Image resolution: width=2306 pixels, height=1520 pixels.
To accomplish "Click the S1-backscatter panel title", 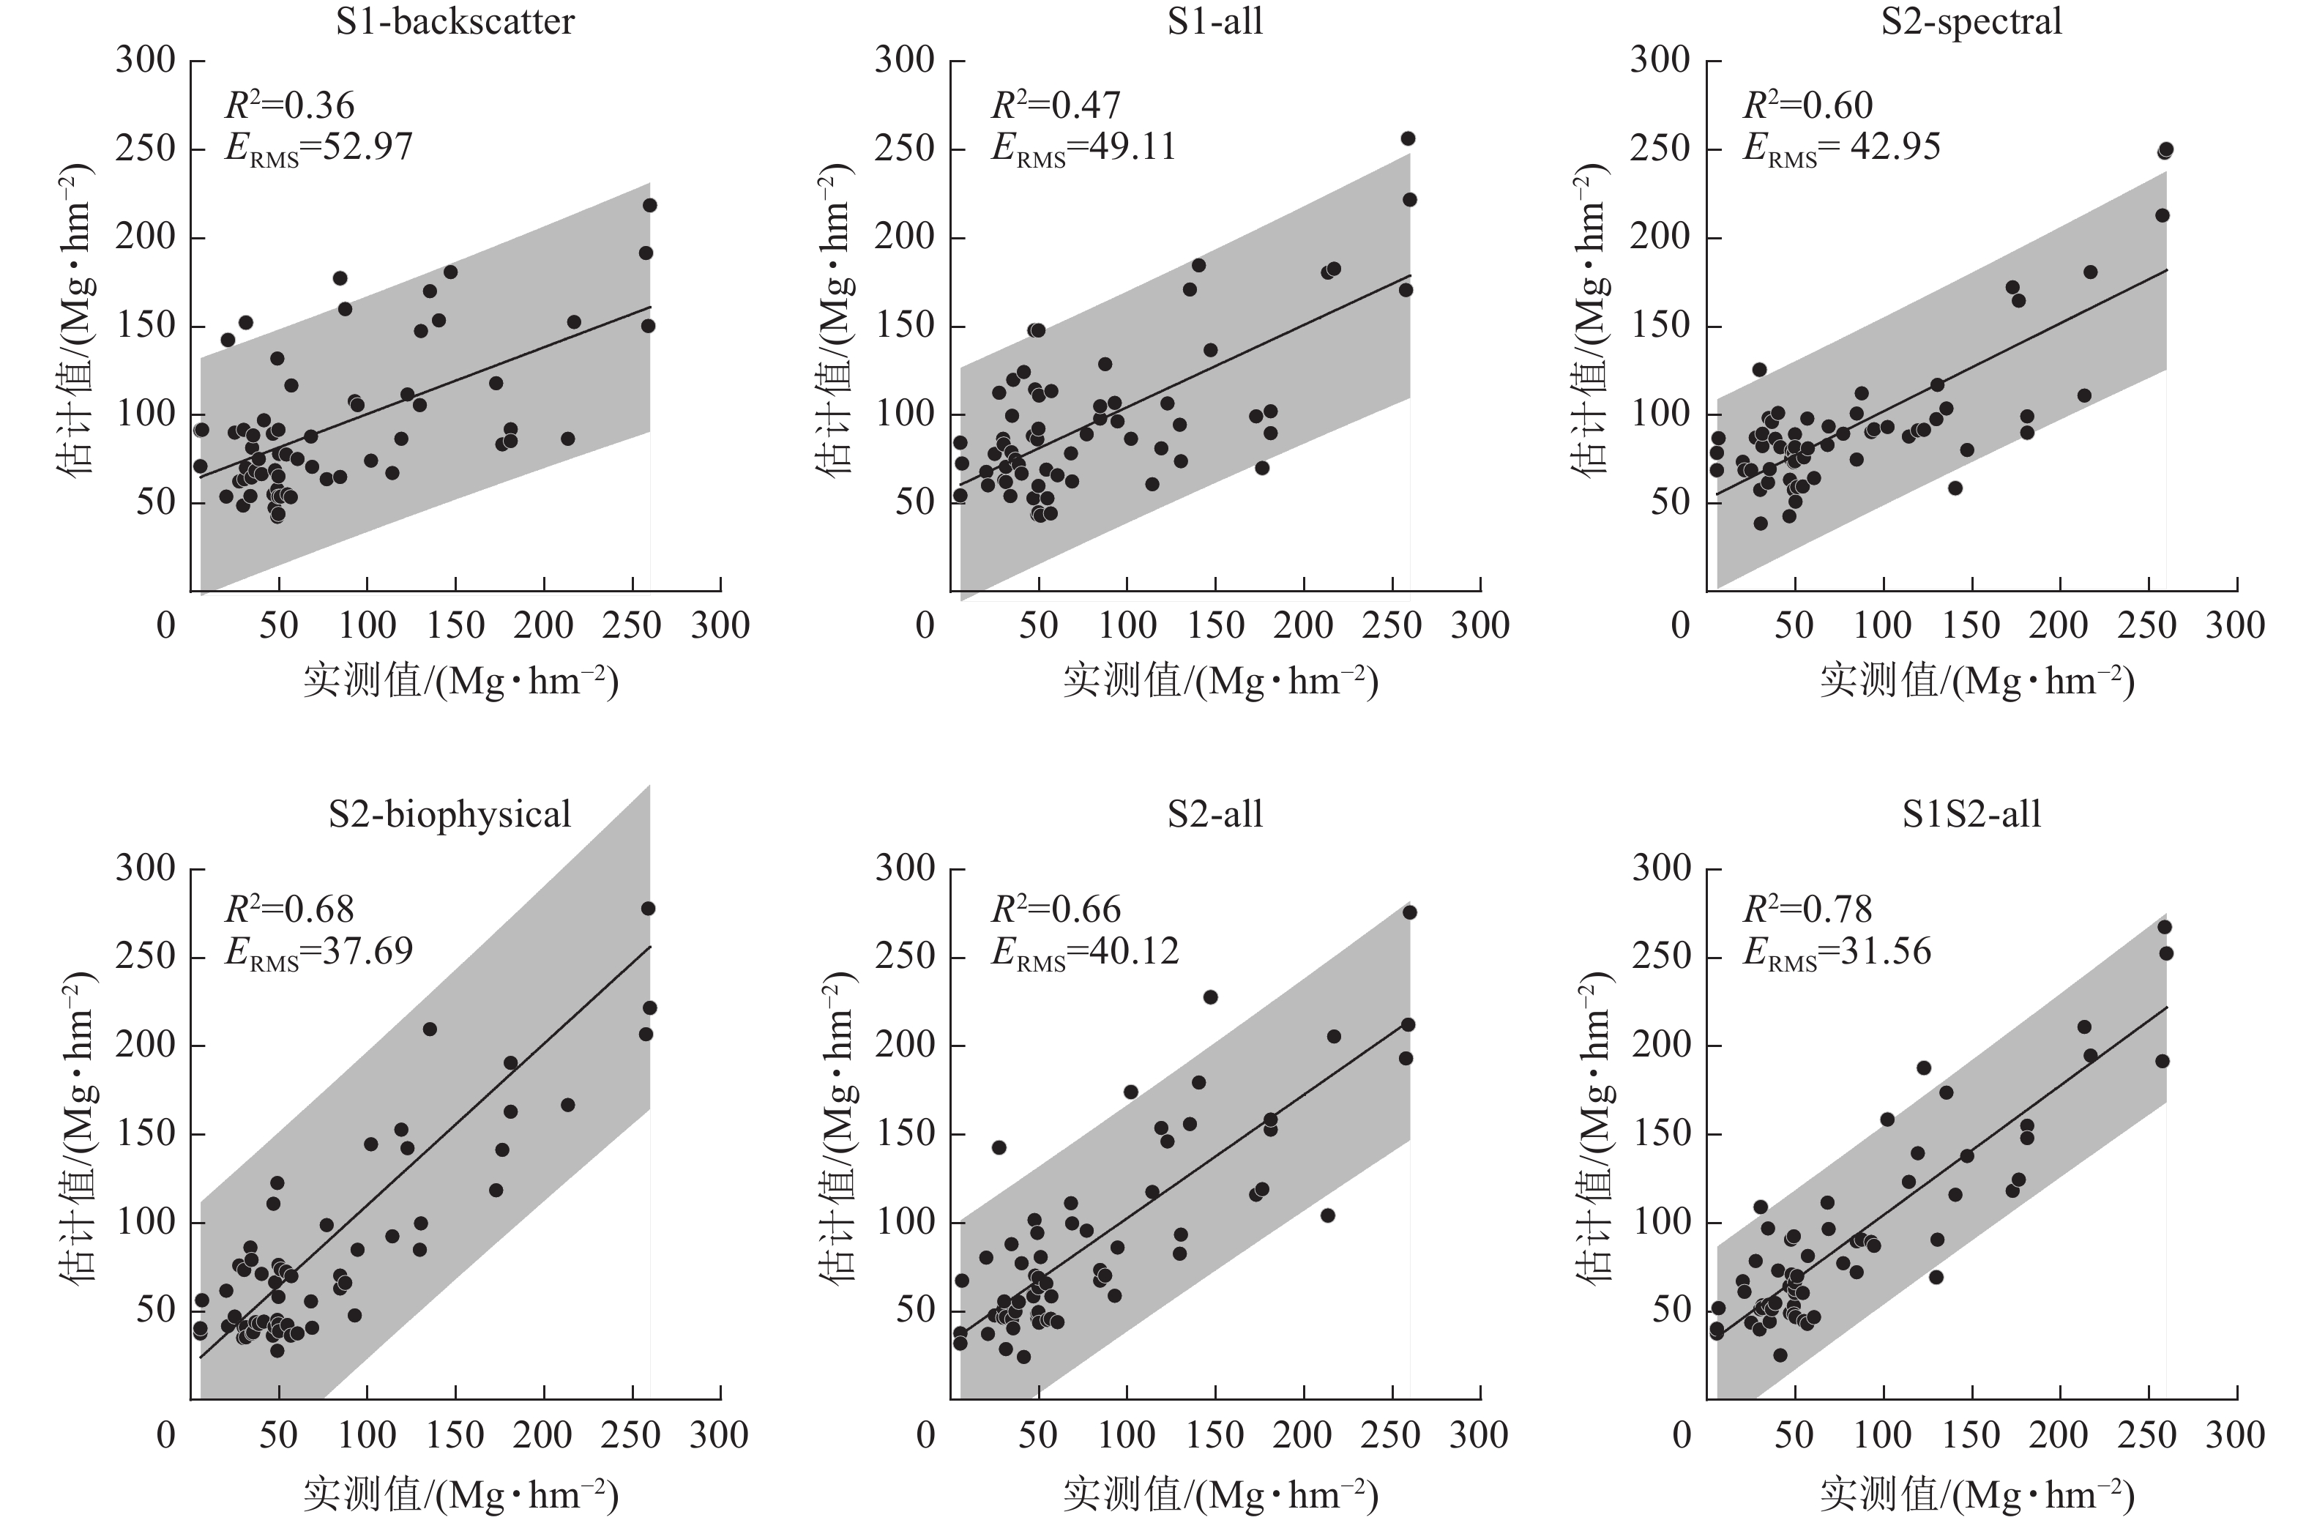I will click(x=455, y=21).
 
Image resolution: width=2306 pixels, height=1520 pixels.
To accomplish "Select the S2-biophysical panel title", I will click(x=449, y=814).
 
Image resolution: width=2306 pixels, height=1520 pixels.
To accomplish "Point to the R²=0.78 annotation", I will click(x=1807, y=909).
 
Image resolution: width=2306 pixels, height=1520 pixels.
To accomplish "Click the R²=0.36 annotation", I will click(x=290, y=105).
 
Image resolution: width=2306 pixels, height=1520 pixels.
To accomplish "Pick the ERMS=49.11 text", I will click(x=1083, y=147).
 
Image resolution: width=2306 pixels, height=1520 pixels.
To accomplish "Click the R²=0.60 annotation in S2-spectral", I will click(x=1807, y=105).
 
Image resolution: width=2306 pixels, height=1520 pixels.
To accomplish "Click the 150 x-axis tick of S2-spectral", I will click(x=1971, y=625).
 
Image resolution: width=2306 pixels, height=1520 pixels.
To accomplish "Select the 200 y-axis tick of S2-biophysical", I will click(x=146, y=1045).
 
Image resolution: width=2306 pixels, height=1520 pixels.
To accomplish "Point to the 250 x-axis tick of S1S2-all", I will click(x=2147, y=1434).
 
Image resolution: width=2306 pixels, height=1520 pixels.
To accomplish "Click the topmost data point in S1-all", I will click(x=1408, y=138).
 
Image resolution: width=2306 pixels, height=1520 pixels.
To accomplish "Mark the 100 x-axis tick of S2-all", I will click(x=1127, y=1434).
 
